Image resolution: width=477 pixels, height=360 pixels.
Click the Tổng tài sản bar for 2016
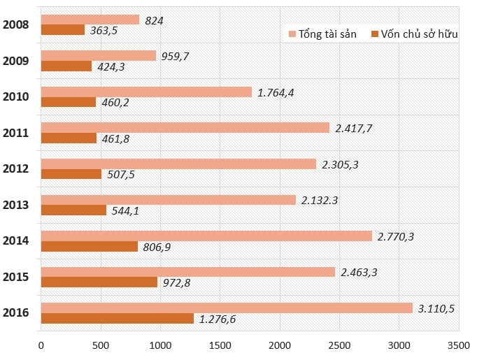227,308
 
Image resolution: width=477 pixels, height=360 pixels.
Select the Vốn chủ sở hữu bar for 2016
117,319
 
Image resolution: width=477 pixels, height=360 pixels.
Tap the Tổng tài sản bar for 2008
90,20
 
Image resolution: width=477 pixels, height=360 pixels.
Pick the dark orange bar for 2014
89,247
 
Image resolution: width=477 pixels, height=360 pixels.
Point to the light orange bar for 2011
185,127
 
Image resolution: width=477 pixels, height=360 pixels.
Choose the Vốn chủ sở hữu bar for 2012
71,175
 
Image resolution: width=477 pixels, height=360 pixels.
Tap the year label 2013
15,205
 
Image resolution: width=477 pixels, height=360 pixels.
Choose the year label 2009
15,61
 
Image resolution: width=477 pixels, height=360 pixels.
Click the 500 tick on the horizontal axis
100,345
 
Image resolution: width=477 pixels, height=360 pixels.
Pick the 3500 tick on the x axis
458,345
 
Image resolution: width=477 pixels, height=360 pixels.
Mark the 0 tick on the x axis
41,345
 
